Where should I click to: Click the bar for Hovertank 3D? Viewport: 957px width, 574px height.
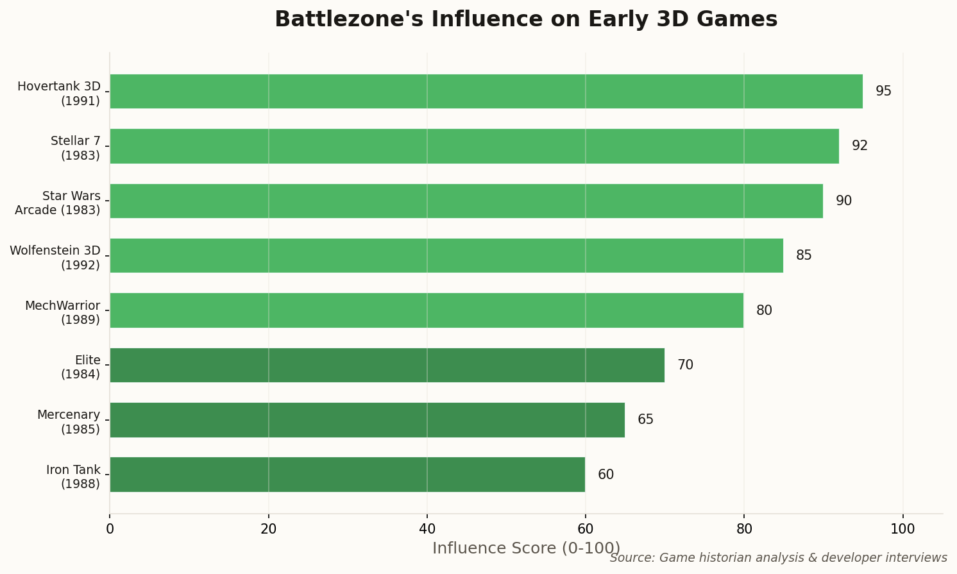[486, 91]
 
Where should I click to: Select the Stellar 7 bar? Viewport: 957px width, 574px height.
[474, 146]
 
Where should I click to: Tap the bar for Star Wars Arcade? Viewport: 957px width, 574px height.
[466, 201]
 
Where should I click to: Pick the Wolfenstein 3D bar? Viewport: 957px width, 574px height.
[446, 255]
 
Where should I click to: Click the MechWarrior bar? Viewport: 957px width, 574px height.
[426, 310]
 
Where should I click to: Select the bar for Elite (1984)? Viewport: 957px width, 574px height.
[387, 365]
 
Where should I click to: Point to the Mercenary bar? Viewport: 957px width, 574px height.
[367, 420]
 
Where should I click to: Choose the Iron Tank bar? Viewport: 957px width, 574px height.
[347, 475]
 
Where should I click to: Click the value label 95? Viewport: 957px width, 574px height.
[883, 91]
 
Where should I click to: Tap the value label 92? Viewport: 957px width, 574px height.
[860, 146]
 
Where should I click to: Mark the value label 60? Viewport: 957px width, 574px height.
[606, 475]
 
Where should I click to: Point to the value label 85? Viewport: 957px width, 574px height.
[804, 255]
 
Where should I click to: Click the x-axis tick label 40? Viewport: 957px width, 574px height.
[427, 529]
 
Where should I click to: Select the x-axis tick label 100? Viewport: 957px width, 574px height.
[903, 529]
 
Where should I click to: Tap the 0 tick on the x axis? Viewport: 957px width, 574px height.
[110, 529]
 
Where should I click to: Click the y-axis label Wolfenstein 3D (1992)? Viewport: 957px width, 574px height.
[55, 257]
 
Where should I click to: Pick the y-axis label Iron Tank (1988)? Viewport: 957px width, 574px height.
[73, 477]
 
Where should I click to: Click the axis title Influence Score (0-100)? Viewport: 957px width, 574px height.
[526, 548]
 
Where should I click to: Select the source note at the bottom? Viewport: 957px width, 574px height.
[778, 558]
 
